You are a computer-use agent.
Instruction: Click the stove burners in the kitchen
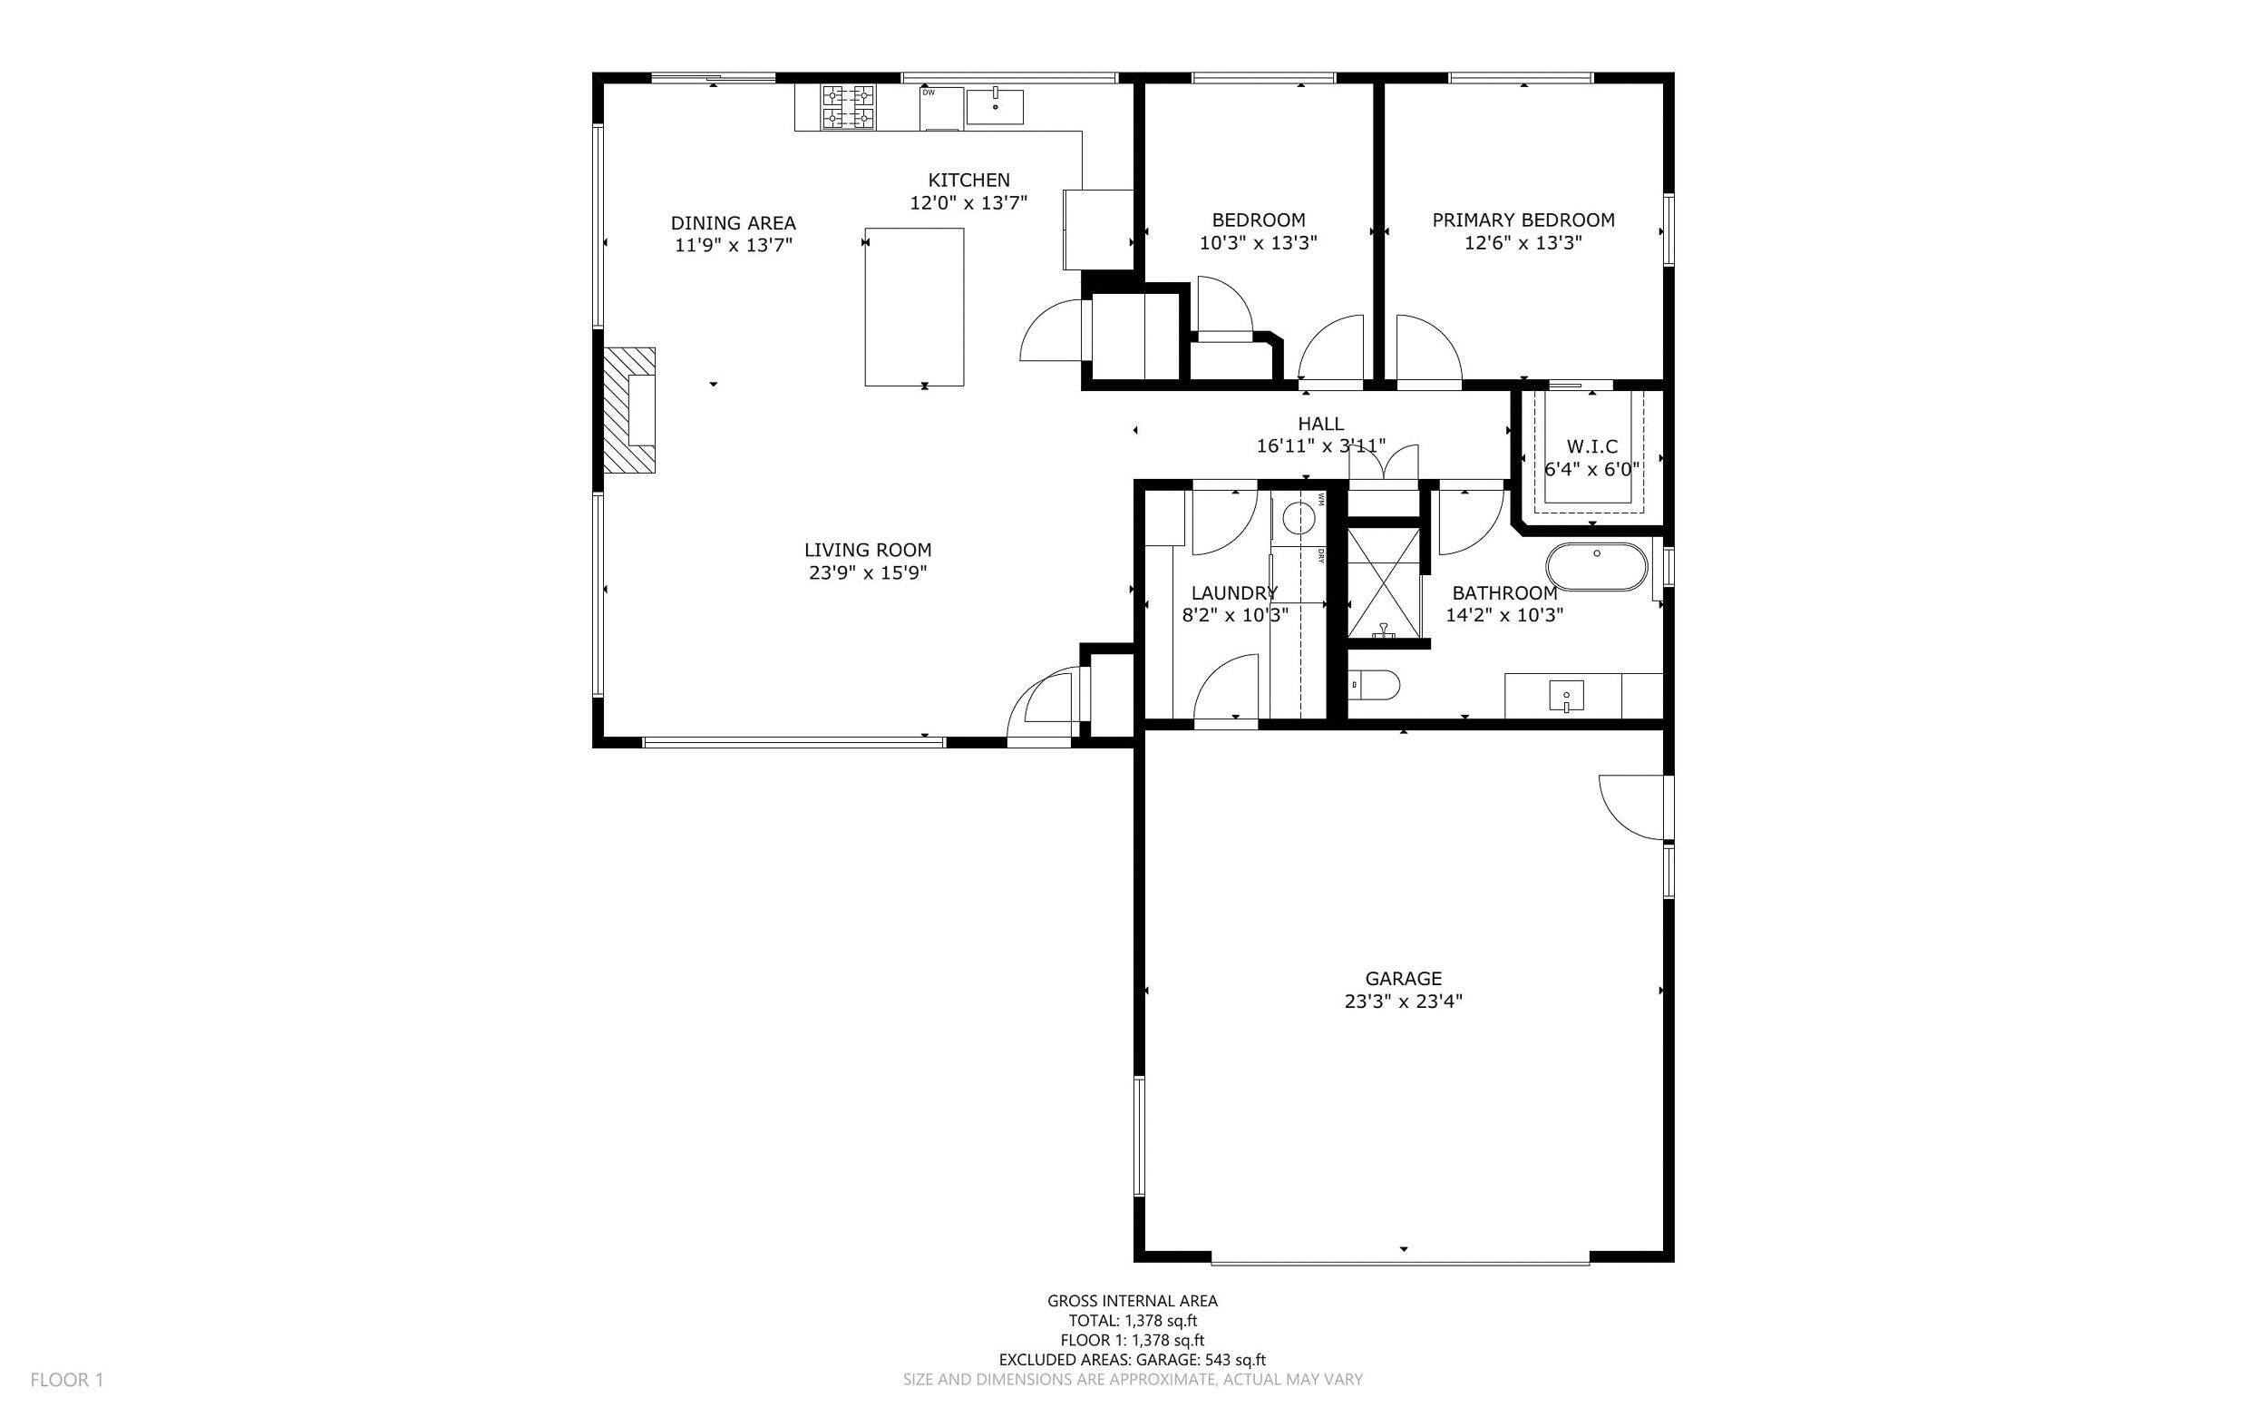coord(848,107)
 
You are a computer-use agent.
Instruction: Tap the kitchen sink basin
coord(994,107)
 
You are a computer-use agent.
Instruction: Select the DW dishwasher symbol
coord(940,108)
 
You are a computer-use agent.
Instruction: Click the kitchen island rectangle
coord(913,307)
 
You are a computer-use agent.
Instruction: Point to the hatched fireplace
coord(628,409)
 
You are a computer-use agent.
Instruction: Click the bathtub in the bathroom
coord(1595,567)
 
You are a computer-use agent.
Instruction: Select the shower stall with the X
coord(1384,583)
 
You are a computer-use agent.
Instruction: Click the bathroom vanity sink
coord(1565,698)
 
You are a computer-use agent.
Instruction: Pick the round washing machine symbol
coord(1299,517)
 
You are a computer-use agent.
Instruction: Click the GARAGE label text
coord(1402,980)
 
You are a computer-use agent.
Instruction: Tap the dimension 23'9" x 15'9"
coord(868,572)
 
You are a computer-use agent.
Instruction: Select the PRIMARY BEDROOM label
coord(1523,220)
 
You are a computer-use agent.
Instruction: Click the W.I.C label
coord(1591,447)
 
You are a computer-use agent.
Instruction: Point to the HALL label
coord(1321,424)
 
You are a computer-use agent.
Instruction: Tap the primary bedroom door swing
coord(1425,350)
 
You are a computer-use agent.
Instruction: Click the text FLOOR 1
coord(66,1380)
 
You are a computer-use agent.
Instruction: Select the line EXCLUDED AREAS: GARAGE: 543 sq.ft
coord(1132,1360)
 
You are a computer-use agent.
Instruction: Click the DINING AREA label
coord(733,223)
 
